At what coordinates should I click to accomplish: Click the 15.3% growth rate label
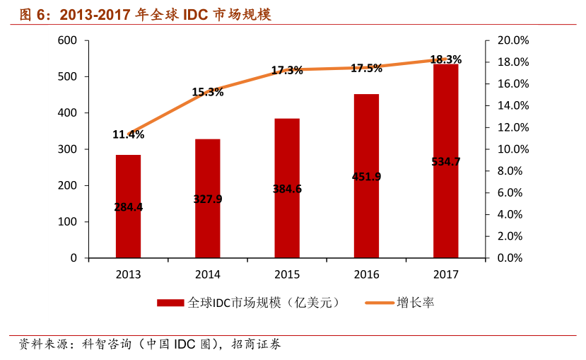coord(208,92)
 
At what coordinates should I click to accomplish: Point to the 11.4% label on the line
coord(128,134)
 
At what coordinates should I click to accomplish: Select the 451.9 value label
coord(366,177)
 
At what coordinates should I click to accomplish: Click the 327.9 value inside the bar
coord(208,199)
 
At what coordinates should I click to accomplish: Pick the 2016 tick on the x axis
coord(366,274)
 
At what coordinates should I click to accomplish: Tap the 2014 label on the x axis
coord(208,274)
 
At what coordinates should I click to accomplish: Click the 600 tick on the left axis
coord(68,40)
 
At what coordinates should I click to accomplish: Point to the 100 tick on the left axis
coord(68,222)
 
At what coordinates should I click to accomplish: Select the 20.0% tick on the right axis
coord(509,40)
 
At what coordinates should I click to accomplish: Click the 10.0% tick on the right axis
coord(509,149)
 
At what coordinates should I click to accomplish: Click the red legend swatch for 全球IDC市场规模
coord(170,303)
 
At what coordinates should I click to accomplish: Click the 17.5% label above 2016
coord(366,69)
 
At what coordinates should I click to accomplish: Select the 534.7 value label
coord(445,162)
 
